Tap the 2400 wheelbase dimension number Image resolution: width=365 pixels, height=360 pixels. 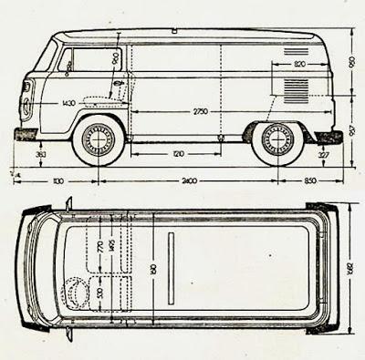[x=189, y=180]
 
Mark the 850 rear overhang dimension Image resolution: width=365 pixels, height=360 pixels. [x=314, y=180]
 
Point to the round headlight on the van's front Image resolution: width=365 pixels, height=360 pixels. [x=26, y=91]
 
